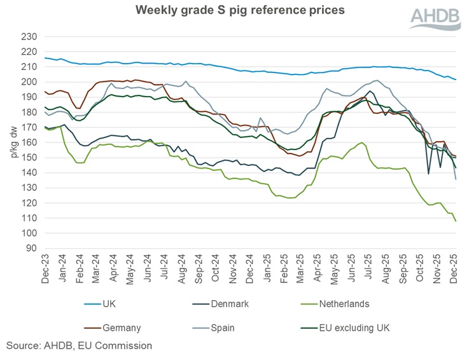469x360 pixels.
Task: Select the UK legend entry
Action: click(x=109, y=304)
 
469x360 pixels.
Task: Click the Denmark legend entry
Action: click(x=228, y=304)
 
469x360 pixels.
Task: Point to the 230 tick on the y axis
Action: click(x=30, y=37)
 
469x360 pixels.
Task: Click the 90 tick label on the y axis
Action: click(x=32, y=249)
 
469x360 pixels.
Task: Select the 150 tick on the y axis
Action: click(x=30, y=158)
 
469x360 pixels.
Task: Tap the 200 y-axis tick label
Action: click(x=30, y=82)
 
